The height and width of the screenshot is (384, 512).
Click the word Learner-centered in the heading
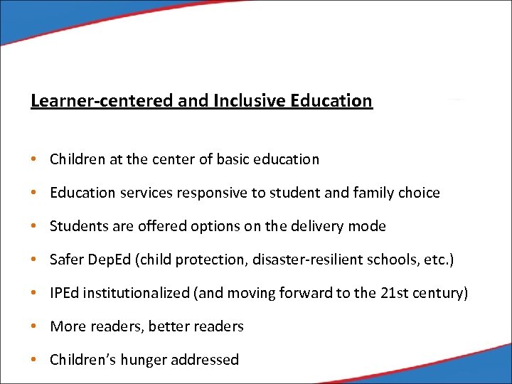(x=102, y=101)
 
